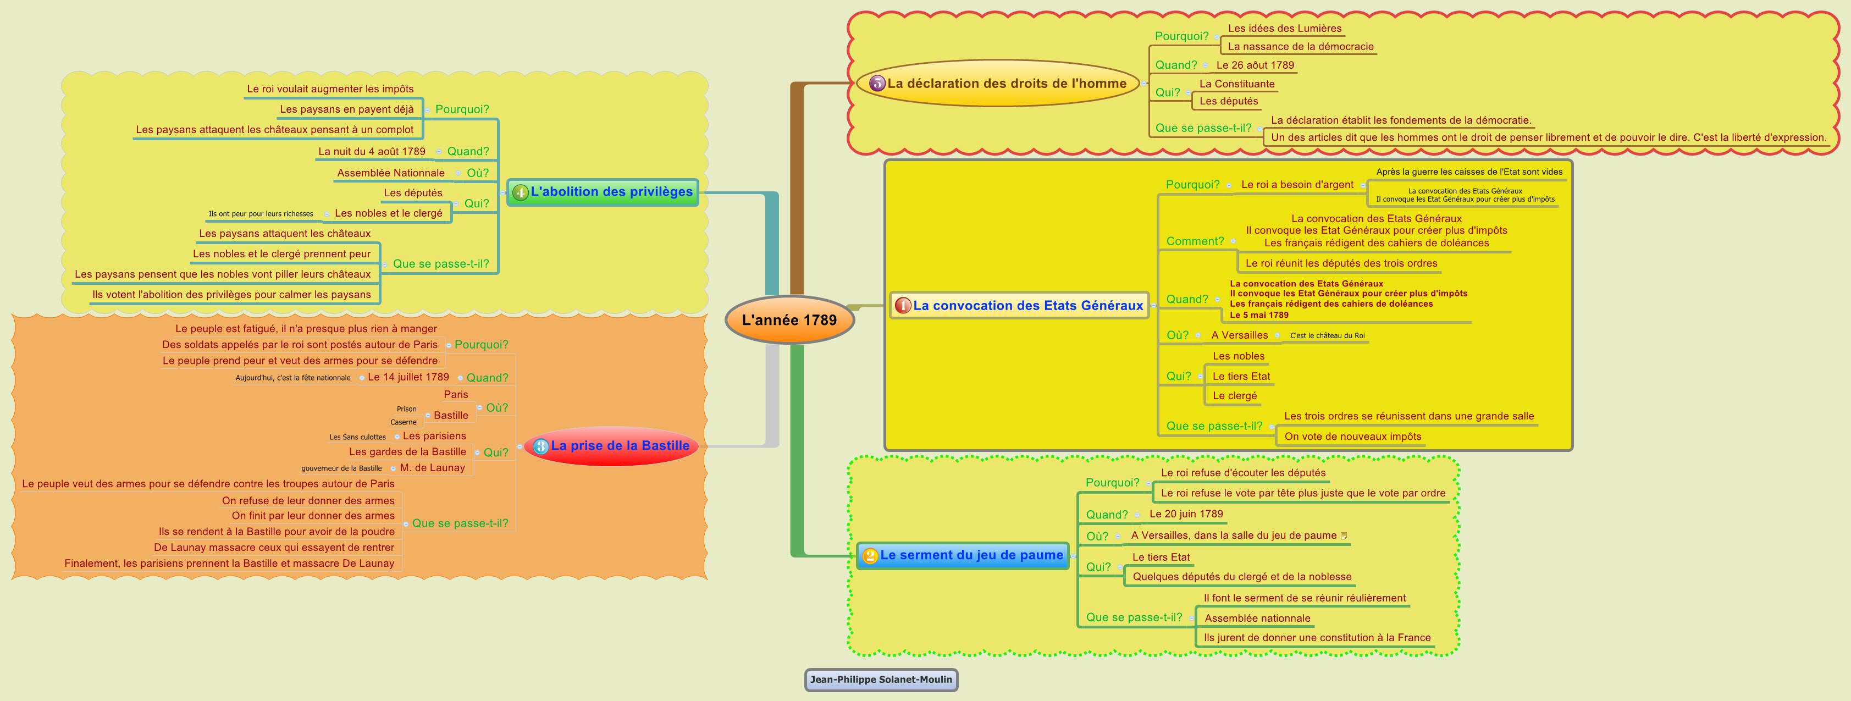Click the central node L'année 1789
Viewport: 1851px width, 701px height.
pyautogui.click(x=789, y=320)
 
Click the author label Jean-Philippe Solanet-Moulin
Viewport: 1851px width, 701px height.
pyautogui.click(x=880, y=680)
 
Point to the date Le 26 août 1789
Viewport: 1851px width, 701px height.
pyautogui.click(x=1255, y=65)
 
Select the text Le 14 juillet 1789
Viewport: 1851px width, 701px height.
pyautogui.click(x=408, y=377)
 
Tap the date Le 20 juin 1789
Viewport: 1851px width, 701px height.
pyautogui.click(x=1186, y=514)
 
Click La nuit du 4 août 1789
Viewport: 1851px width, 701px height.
pyautogui.click(x=372, y=152)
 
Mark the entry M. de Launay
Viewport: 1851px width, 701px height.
pyautogui.click(x=432, y=468)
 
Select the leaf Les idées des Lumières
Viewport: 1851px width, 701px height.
pyautogui.click(x=1284, y=29)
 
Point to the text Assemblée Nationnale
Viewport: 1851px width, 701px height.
pyautogui.click(x=390, y=173)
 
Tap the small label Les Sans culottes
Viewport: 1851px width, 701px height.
pyautogui.click(x=357, y=437)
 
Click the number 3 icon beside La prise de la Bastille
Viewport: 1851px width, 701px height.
pyautogui.click(x=540, y=446)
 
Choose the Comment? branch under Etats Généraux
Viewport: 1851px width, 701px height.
pyautogui.click(x=1194, y=241)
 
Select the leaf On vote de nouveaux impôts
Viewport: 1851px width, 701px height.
pyautogui.click(x=1352, y=437)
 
